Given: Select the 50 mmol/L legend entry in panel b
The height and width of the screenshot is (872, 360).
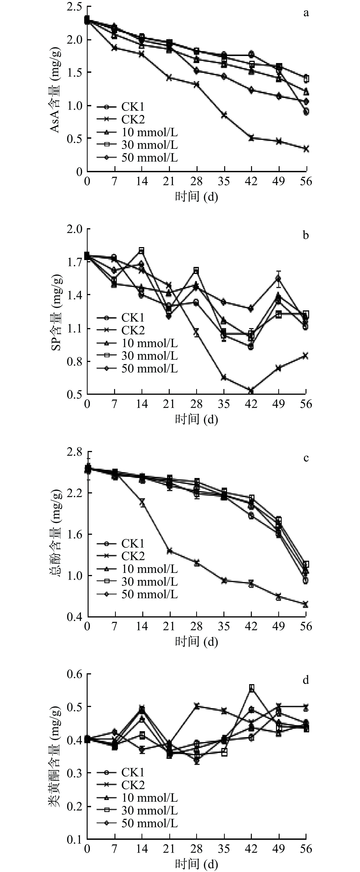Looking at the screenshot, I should point(149,368).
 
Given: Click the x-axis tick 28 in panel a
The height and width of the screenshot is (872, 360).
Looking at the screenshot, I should point(196,181).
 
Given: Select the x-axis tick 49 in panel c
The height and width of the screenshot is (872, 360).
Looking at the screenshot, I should point(278,626).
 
